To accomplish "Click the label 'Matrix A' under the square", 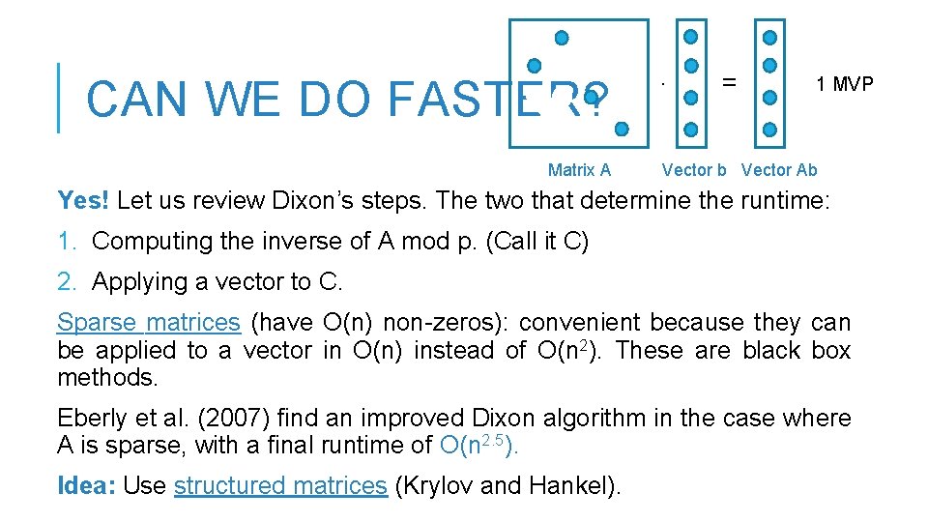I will (x=579, y=170).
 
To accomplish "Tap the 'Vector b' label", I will (x=693, y=170).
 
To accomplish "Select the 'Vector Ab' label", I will (x=778, y=170).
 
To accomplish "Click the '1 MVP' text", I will (x=844, y=84).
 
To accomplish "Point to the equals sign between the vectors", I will (x=730, y=82).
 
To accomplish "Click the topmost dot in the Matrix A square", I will (x=561, y=39).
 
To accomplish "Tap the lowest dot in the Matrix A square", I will (x=622, y=128).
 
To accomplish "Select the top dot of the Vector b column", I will (x=690, y=38).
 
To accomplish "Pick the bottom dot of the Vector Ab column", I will (x=769, y=129).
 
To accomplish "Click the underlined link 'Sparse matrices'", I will (x=148, y=322).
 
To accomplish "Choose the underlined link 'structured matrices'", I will (x=280, y=485).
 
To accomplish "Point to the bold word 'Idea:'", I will (x=86, y=485).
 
